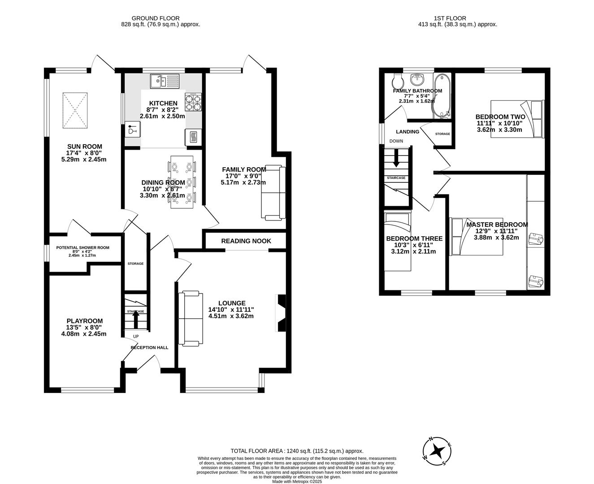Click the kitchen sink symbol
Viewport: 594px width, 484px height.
(x=165, y=81)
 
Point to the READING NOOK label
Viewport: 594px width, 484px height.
(x=246, y=241)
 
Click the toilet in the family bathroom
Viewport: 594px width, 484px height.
(x=397, y=82)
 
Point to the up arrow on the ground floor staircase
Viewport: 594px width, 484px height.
(x=136, y=320)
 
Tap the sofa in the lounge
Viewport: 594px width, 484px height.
(x=189, y=319)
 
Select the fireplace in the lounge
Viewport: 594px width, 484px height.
(x=281, y=313)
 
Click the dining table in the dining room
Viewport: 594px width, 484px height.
(x=182, y=182)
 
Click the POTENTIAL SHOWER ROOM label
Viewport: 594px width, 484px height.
(x=82, y=248)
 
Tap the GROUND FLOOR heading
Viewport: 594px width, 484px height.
(x=160, y=18)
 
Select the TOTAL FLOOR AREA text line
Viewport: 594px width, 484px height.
(x=297, y=451)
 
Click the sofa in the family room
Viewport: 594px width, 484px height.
(x=273, y=193)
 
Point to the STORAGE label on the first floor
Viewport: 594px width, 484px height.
(x=442, y=134)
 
